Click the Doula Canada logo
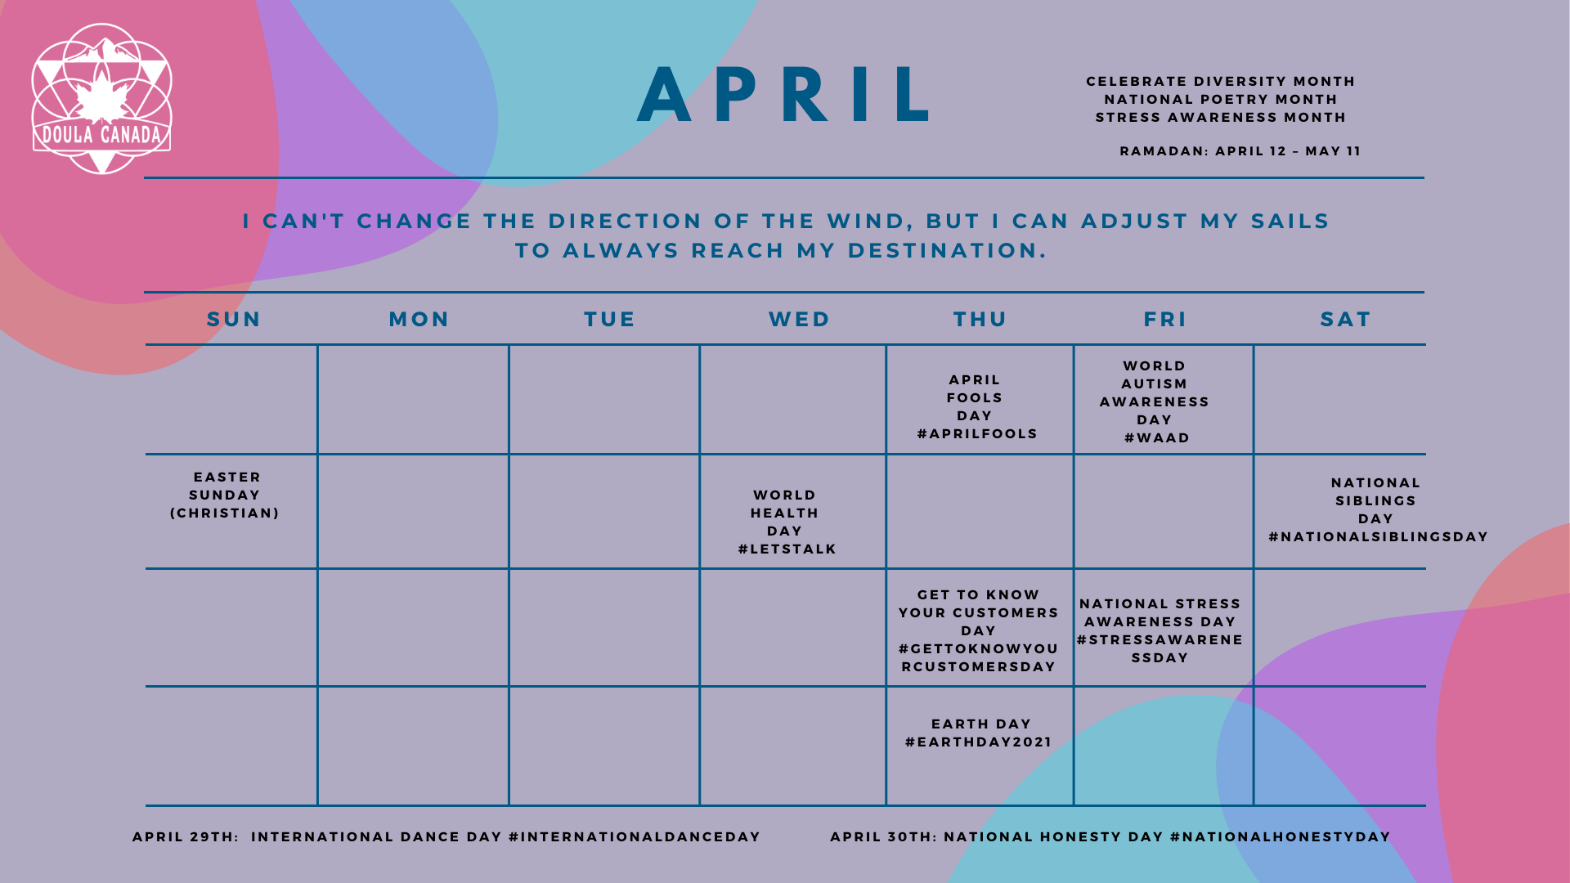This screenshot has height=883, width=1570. click(101, 98)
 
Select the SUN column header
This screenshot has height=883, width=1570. click(234, 319)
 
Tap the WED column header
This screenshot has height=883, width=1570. click(800, 319)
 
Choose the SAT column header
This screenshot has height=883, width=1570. click(1346, 319)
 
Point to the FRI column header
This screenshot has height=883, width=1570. click(1165, 319)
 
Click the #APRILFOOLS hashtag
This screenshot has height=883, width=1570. click(977, 433)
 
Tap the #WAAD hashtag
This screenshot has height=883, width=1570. click(1157, 437)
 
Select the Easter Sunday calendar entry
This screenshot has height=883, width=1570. click(225, 495)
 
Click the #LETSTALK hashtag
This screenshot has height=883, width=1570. click(787, 549)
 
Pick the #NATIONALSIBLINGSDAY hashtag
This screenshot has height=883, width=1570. click(1379, 536)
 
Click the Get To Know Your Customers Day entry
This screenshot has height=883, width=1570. click(979, 630)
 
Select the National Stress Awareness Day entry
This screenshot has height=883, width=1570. click(1160, 630)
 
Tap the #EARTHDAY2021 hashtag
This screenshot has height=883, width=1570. click(979, 742)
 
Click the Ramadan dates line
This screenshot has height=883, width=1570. click(1240, 150)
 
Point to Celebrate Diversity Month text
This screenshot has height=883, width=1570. click(1221, 81)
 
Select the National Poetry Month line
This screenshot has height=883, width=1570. click(1221, 99)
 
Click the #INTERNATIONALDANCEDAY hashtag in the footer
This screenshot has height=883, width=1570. click(635, 836)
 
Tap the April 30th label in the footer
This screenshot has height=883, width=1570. click(884, 836)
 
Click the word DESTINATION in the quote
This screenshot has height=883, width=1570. click(947, 250)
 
